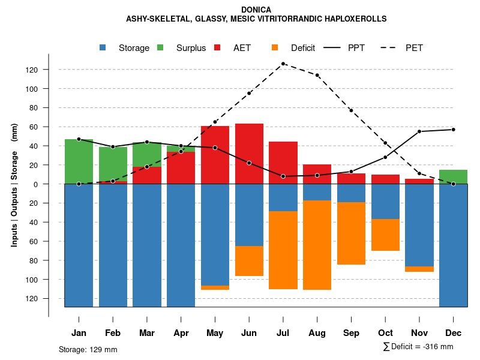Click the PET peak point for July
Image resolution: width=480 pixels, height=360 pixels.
coord(283,64)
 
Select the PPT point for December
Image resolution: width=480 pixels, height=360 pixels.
coord(453,130)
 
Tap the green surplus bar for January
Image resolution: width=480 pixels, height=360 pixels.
coord(79,161)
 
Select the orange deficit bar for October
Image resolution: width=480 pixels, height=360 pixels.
coord(385,235)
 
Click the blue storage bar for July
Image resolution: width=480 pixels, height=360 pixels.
coord(283,197)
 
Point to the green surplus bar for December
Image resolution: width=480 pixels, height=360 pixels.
coord(453,177)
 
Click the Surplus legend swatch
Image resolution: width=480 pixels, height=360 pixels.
coord(160,48)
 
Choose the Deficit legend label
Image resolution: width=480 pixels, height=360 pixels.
coord(303,48)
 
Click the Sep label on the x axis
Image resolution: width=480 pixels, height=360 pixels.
coord(351,333)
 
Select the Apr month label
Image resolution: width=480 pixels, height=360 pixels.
coord(181,333)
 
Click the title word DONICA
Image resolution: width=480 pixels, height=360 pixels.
coord(256,10)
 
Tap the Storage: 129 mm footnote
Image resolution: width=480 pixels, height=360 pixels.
coord(88,349)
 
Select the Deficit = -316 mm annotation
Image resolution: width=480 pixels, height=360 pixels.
coord(418,346)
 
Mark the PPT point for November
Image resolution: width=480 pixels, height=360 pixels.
coord(419,131)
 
